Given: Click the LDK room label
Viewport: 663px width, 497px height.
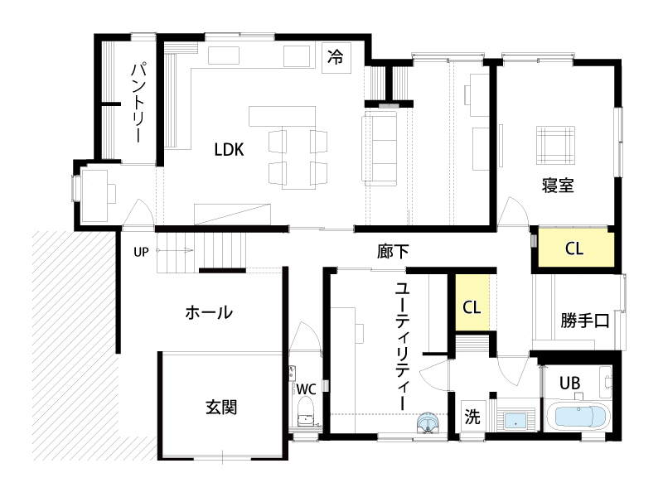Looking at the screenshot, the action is (229, 150).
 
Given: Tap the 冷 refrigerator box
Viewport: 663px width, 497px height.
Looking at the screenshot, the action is (336, 58).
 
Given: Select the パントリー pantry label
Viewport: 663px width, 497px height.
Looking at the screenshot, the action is (138, 102).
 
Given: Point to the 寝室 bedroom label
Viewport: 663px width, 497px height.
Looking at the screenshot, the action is (557, 186).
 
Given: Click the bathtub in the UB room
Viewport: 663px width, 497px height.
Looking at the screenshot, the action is (577, 417).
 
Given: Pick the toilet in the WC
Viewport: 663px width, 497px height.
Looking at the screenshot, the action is (305, 413).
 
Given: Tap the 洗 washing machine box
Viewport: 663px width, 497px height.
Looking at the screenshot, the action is (472, 416).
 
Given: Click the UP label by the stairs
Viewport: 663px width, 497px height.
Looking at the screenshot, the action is (141, 252).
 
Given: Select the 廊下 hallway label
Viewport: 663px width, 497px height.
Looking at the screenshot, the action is (393, 252).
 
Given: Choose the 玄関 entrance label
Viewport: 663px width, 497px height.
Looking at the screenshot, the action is (221, 407).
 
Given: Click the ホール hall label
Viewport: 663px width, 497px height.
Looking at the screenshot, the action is (209, 313).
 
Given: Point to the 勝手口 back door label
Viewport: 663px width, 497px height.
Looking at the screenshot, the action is (585, 321).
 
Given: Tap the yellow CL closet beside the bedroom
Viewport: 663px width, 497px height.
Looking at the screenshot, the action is (576, 248).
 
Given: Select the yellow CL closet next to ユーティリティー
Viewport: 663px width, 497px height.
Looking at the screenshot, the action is (472, 302).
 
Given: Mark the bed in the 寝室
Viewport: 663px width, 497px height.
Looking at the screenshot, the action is (555, 145).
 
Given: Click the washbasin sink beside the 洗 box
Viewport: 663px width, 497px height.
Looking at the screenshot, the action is (515, 420).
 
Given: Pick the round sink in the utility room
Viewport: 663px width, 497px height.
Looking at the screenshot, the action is (428, 422).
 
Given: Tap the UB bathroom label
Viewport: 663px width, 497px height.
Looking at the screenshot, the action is (569, 384).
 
